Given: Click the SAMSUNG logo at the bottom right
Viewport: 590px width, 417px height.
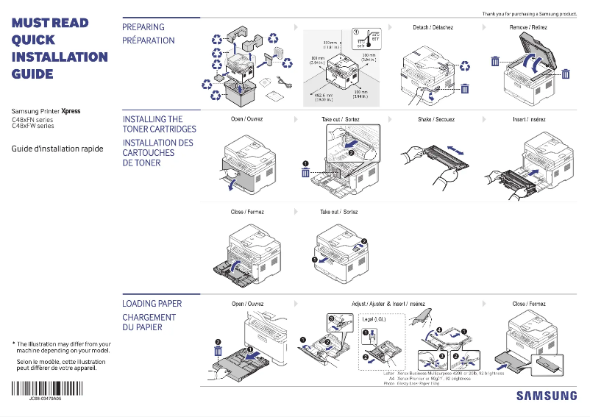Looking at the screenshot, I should (546, 396).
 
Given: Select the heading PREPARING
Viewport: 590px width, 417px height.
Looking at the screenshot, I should (143, 27).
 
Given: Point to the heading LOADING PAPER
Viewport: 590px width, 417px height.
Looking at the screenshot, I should (152, 304).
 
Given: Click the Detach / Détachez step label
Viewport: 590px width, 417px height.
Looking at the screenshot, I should (433, 27).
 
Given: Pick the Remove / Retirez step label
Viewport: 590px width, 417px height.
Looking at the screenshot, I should (529, 27).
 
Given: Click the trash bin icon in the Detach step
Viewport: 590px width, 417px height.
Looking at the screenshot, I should (464, 89).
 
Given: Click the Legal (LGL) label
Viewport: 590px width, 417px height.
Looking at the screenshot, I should (375, 319).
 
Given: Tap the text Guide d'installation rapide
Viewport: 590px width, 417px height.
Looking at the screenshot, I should (57, 149).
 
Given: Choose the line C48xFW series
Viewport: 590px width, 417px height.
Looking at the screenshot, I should (32, 126).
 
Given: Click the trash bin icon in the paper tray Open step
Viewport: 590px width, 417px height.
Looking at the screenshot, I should (218, 352).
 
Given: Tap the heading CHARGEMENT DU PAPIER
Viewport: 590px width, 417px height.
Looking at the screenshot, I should (149, 322).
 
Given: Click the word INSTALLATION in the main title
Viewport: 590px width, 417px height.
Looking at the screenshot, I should (60, 57).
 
